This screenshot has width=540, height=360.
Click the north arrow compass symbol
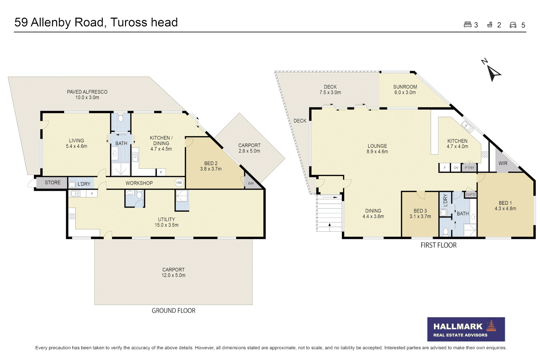coord(493,73)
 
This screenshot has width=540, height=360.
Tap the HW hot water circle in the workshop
coord(179,183)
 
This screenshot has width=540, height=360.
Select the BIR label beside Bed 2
coord(251,183)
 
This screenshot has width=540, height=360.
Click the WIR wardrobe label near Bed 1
coord(503,163)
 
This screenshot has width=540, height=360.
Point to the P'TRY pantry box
coord(469,168)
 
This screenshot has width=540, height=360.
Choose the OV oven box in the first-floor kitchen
coord(456,168)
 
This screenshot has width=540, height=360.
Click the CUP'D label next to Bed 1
coord(470,194)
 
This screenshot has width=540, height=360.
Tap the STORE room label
coord(53,183)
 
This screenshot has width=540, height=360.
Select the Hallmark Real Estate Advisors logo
coord(466,329)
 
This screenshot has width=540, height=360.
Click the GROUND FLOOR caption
coord(173,311)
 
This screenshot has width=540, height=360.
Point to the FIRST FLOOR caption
coord(438,245)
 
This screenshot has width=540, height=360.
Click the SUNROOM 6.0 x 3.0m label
coord(405,90)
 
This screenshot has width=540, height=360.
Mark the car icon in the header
coord(513,25)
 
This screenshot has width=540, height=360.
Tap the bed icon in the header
coord(467,25)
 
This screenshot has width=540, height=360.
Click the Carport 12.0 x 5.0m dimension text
coord(173,275)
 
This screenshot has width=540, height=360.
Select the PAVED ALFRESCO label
coord(87,92)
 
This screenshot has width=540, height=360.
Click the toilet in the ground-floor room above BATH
coord(121,119)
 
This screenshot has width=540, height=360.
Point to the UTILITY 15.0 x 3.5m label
coord(166,222)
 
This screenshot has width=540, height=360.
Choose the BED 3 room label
coord(420,211)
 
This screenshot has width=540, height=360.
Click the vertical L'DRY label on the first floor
coord(445,201)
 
